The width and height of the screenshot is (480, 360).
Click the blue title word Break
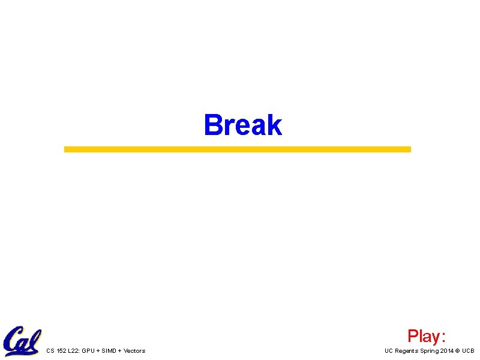(x=242, y=125)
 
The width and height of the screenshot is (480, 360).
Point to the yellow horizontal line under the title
(x=238, y=149)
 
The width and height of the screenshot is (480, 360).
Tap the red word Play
(x=424, y=335)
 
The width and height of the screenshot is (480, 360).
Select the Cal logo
(x=22, y=341)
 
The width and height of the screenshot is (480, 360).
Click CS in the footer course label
(x=50, y=351)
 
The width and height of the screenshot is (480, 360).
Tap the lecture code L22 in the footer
(x=74, y=351)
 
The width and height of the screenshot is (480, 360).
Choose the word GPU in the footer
(x=89, y=351)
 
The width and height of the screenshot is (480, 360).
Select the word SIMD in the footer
(x=110, y=351)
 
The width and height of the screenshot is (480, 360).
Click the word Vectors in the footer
(x=134, y=351)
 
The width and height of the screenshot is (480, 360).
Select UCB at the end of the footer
(x=468, y=351)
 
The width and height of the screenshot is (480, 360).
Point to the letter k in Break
(x=274, y=125)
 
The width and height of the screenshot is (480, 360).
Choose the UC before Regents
(x=389, y=351)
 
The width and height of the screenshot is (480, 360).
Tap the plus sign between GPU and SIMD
(x=98, y=351)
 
